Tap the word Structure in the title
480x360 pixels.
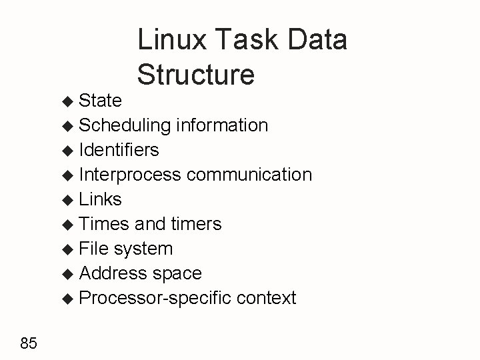tap(195, 74)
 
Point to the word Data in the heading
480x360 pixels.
tap(317, 39)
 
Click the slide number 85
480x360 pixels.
tap(29, 343)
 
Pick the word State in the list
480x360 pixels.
tap(100, 101)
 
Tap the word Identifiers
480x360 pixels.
tap(119, 149)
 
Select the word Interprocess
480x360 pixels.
tap(130, 175)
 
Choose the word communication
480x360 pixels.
tap(249, 175)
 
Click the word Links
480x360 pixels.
tap(101, 199)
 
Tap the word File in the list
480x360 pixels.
tap(94, 249)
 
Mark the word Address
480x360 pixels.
tap(113, 273)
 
